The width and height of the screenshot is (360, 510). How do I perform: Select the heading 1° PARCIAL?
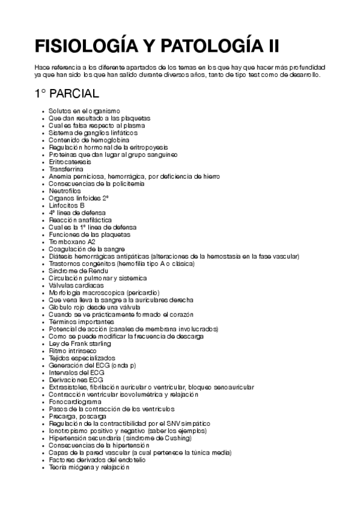click(x=66, y=96)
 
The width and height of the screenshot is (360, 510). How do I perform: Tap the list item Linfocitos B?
click(x=67, y=205)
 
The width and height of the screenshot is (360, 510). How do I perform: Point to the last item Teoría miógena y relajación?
click(x=89, y=467)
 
